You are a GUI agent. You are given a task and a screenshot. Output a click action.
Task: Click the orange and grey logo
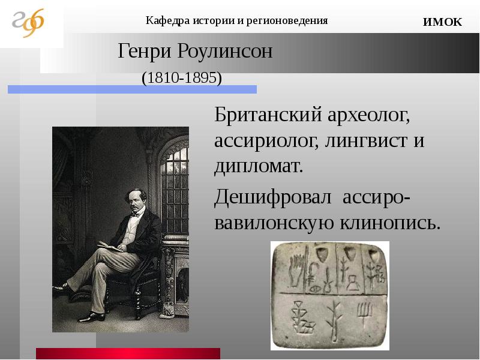coord(28,23)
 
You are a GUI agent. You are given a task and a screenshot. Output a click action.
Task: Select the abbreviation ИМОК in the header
coord(442,22)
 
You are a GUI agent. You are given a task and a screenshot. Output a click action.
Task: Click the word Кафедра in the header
coord(164,21)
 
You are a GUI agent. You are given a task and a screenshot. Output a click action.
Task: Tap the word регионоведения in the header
coord(287,21)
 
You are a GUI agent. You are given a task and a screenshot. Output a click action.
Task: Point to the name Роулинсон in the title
coord(224,51)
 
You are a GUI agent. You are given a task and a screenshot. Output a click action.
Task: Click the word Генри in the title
coord(145,51)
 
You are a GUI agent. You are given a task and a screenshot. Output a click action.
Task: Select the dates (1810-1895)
coord(182,78)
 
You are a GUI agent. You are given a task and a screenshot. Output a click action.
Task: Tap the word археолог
coord(368,116)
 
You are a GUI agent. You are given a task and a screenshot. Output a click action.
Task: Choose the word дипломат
coord(259,167)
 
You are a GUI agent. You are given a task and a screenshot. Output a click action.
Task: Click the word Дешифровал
coord(273,197)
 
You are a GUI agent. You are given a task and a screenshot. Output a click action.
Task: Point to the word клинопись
coord(391,223)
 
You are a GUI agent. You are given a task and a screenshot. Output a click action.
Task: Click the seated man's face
coord(136,202)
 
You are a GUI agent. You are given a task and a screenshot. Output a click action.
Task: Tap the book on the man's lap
coord(110,246)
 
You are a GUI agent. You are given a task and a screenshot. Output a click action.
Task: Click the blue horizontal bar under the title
coord(132,89)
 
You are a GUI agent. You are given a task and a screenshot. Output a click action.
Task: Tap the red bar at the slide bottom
coord(128,353)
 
